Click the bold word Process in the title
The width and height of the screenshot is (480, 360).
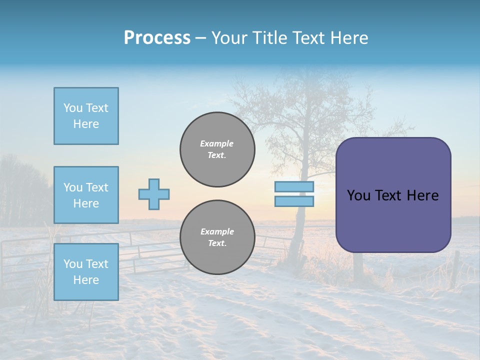(x=157, y=38)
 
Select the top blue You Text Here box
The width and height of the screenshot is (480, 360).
(x=86, y=116)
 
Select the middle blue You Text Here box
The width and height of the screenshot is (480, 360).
(x=86, y=195)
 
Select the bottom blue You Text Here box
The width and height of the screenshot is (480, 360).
(x=86, y=272)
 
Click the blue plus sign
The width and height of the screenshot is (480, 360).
(x=154, y=194)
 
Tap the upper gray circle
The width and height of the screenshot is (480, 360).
(x=217, y=149)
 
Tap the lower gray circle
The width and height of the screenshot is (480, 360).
(x=217, y=237)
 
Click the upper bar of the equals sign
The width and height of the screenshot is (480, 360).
(x=294, y=187)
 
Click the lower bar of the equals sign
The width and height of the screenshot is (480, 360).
(x=294, y=201)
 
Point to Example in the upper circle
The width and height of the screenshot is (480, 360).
(x=216, y=143)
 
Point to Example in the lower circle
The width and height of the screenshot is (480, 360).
(x=217, y=231)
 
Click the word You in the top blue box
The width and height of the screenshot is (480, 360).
(x=72, y=108)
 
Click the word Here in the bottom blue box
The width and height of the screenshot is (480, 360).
(x=86, y=280)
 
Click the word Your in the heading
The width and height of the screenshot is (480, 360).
(x=231, y=38)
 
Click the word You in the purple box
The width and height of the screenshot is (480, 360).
(x=358, y=195)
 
